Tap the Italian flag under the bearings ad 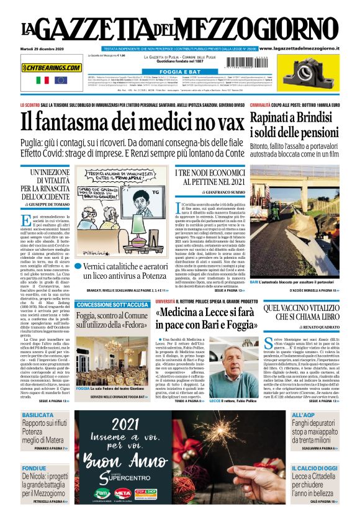tap(43, 80)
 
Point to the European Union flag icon tap(60, 80)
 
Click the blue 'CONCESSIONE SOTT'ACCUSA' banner tap(112, 305)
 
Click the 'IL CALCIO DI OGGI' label tap(314, 467)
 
